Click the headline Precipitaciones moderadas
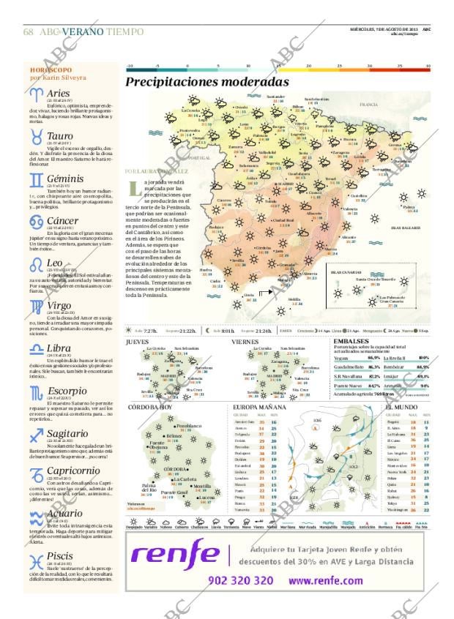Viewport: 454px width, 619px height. coord(207,83)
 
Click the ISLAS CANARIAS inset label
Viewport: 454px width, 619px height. coord(344,271)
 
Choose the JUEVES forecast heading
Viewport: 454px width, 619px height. coord(137,341)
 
